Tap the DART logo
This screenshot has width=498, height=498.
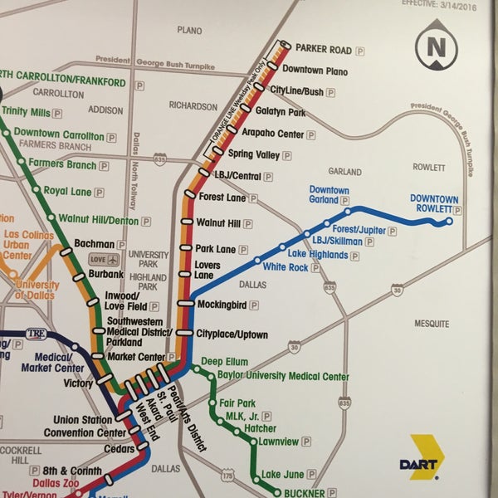[x=427, y=456]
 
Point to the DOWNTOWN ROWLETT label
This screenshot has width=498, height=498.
[x=433, y=204]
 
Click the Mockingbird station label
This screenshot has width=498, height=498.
[x=222, y=305]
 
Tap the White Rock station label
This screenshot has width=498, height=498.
[x=285, y=267]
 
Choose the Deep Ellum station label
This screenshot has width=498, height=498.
[x=224, y=363]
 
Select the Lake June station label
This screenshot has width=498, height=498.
[x=283, y=475]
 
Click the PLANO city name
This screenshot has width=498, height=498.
[x=189, y=30]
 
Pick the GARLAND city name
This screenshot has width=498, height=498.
[x=345, y=171]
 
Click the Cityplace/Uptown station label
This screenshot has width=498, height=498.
[x=232, y=334]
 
